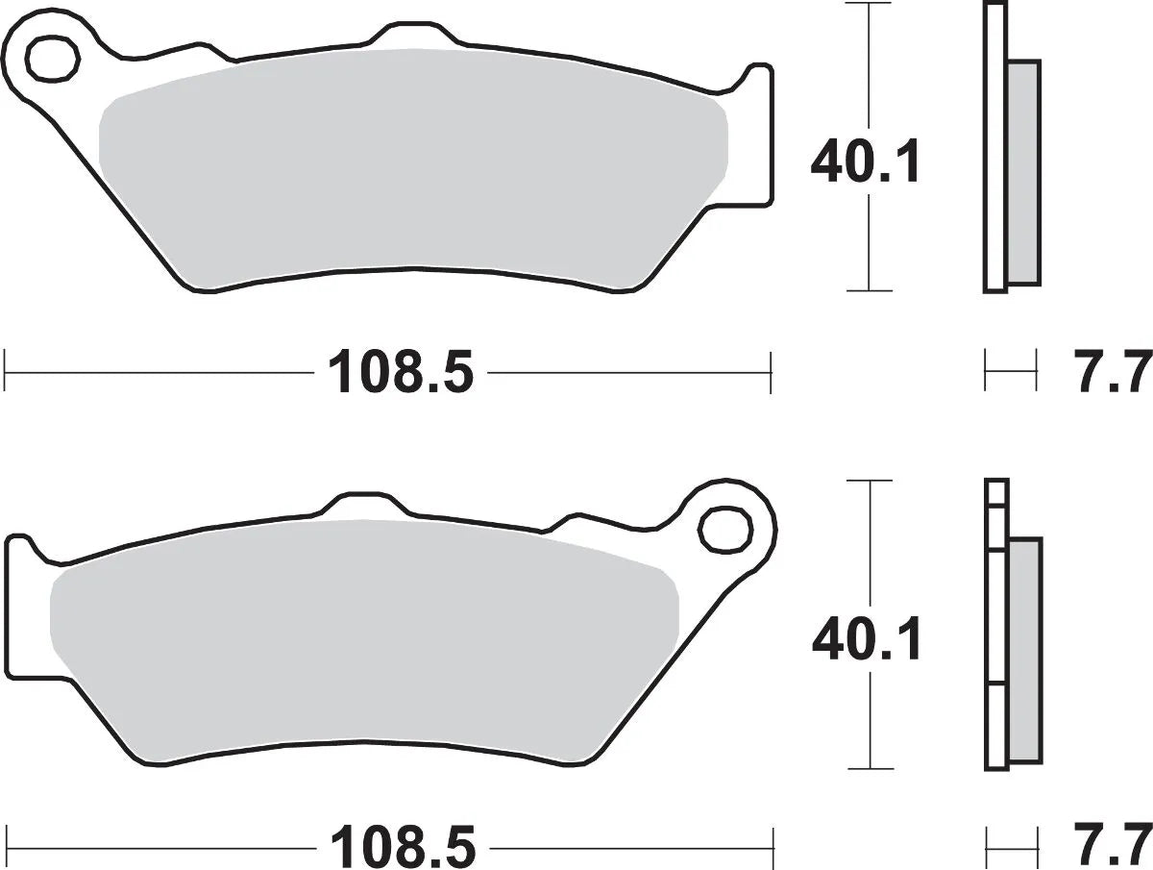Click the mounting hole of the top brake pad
(52, 60)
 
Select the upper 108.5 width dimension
(401, 370)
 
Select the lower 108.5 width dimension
(403, 847)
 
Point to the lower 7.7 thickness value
(1113, 847)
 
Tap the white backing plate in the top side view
(995, 144)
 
